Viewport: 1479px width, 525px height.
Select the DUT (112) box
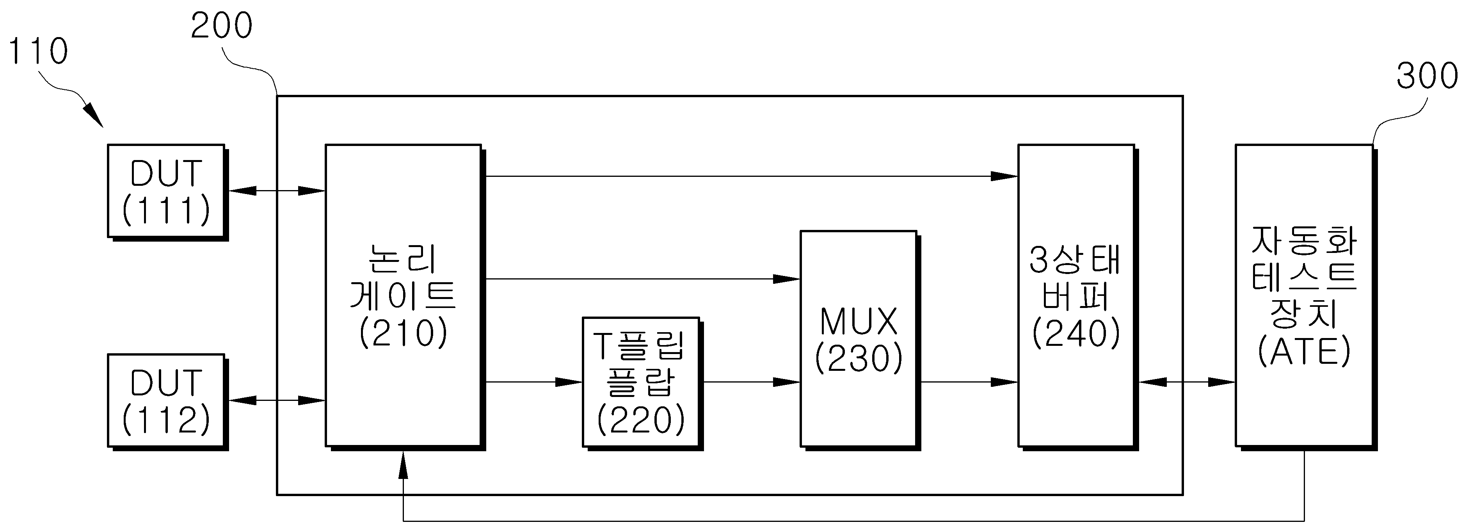point(168,402)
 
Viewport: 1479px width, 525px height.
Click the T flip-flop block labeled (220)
point(642,383)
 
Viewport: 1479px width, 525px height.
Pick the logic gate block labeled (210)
point(405,297)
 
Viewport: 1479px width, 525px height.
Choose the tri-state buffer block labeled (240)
point(1078,297)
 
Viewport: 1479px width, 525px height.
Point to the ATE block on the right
point(1306,297)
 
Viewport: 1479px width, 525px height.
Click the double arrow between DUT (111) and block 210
point(277,191)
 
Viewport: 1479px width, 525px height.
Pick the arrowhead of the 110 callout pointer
point(95,117)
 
